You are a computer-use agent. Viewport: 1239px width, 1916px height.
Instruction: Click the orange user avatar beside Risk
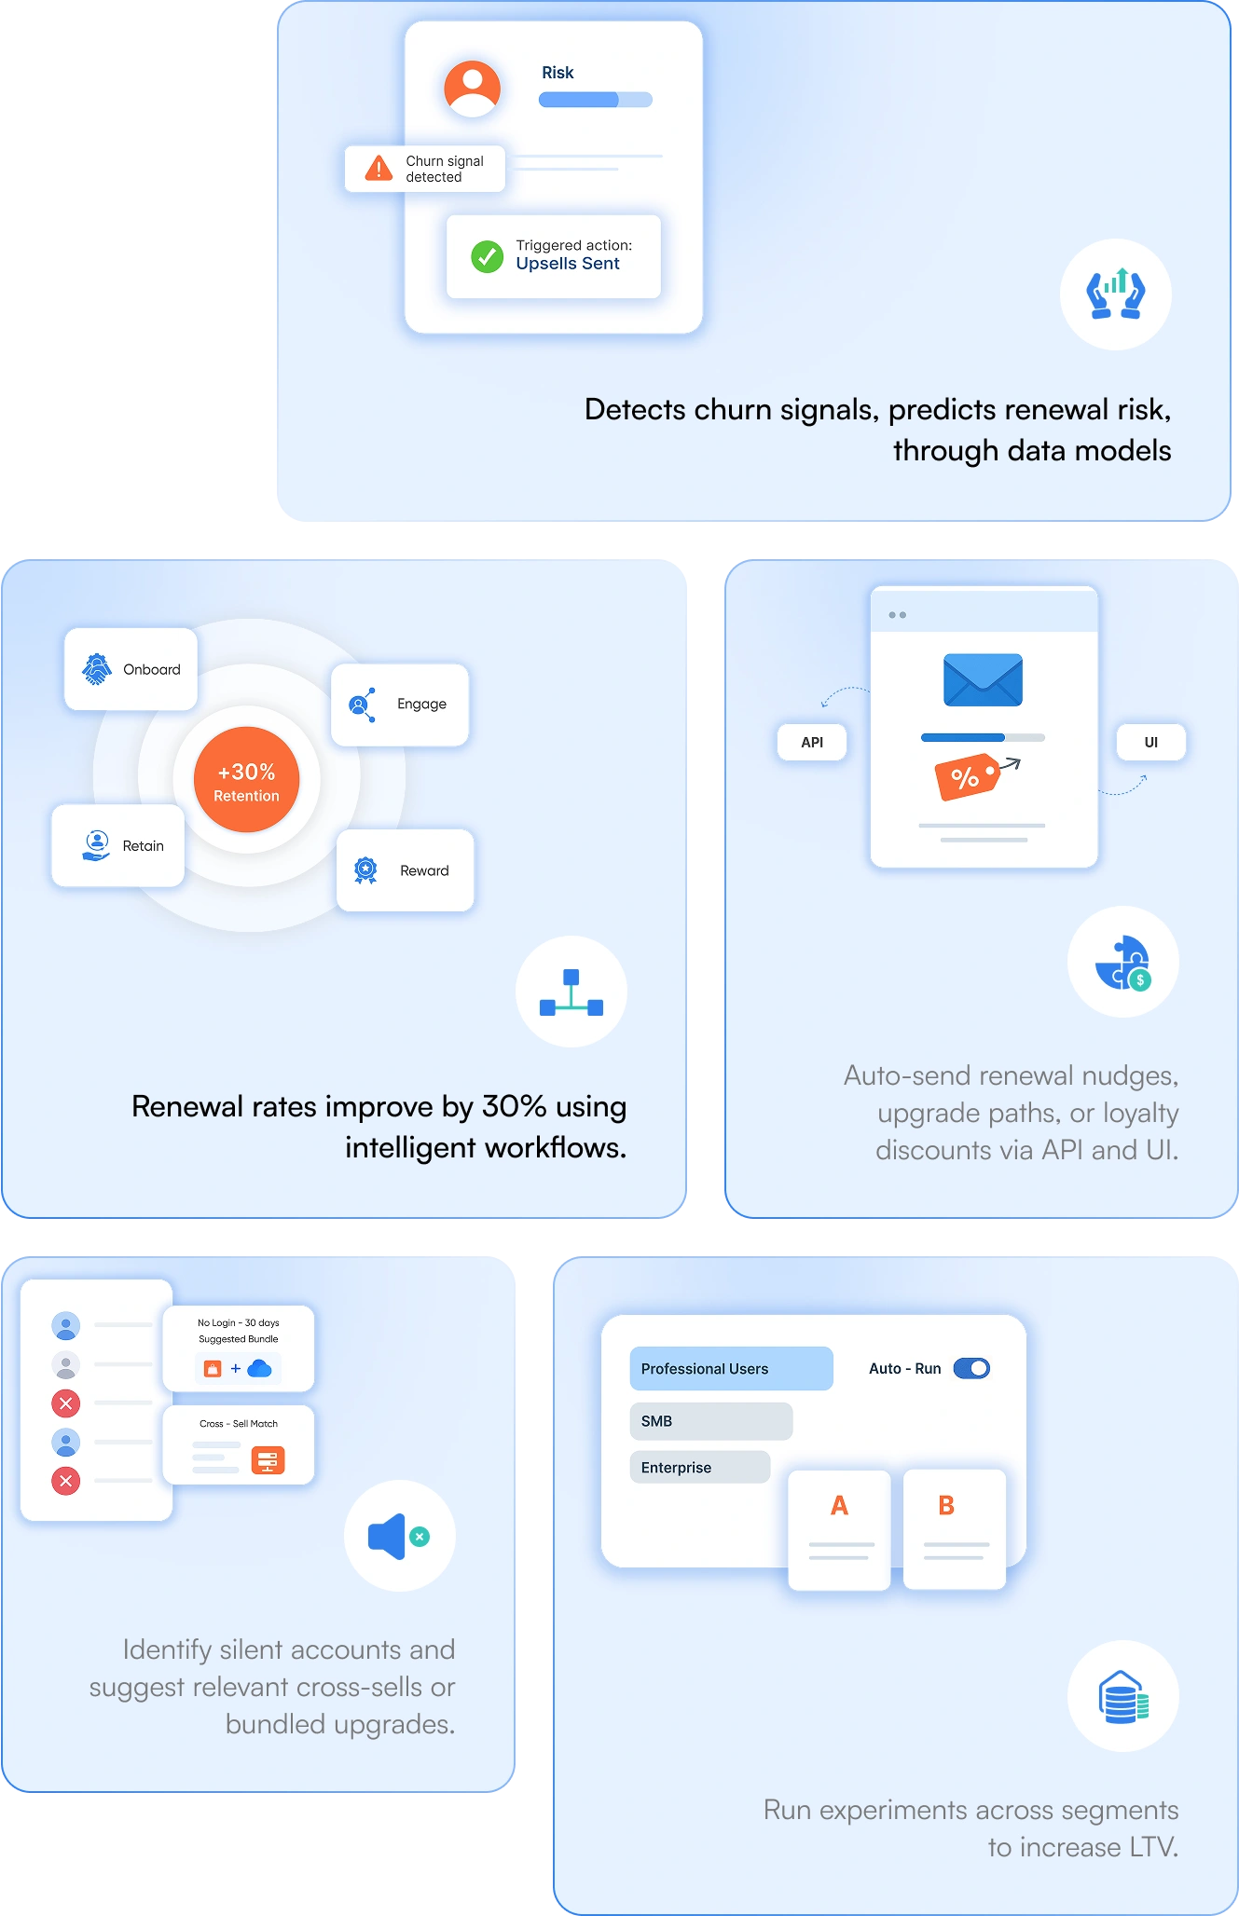(x=473, y=89)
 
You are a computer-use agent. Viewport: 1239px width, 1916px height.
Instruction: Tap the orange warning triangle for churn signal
(x=379, y=168)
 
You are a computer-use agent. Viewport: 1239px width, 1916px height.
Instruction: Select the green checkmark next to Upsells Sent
(x=488, y=256)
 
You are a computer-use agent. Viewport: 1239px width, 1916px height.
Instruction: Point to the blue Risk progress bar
(x=595, y=100)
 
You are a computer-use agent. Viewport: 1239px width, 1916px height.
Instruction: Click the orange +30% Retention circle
(x=247, y=779)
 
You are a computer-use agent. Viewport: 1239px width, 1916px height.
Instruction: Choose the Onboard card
(x=131, y=669)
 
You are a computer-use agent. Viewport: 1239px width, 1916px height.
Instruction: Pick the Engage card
(x=400, y=705)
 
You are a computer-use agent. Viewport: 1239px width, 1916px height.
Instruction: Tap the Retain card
(x=118, y=845)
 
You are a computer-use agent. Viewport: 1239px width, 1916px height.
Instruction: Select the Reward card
(x=406, y=870)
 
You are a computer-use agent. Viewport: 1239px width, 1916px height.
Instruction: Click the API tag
(x=812, y=743)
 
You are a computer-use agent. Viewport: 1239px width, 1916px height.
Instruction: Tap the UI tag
(x=1151, y=743)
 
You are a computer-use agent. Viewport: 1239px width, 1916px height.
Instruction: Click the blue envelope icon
(x=983, y=679)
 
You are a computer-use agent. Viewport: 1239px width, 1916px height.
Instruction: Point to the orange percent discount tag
(x=968, y=777)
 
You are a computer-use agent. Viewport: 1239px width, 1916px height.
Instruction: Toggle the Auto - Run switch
(x=971, y=1368)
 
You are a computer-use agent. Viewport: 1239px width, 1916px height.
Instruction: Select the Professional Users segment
(x=731, y=1368)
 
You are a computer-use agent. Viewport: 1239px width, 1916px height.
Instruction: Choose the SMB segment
(x=711, y=1421)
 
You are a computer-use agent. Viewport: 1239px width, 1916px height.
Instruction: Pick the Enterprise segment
(x=700, y=1467)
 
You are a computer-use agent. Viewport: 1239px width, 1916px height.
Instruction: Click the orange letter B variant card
(x=955, y=1529)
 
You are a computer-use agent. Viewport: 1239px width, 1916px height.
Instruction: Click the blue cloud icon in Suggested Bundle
(x=259, y=1368)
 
